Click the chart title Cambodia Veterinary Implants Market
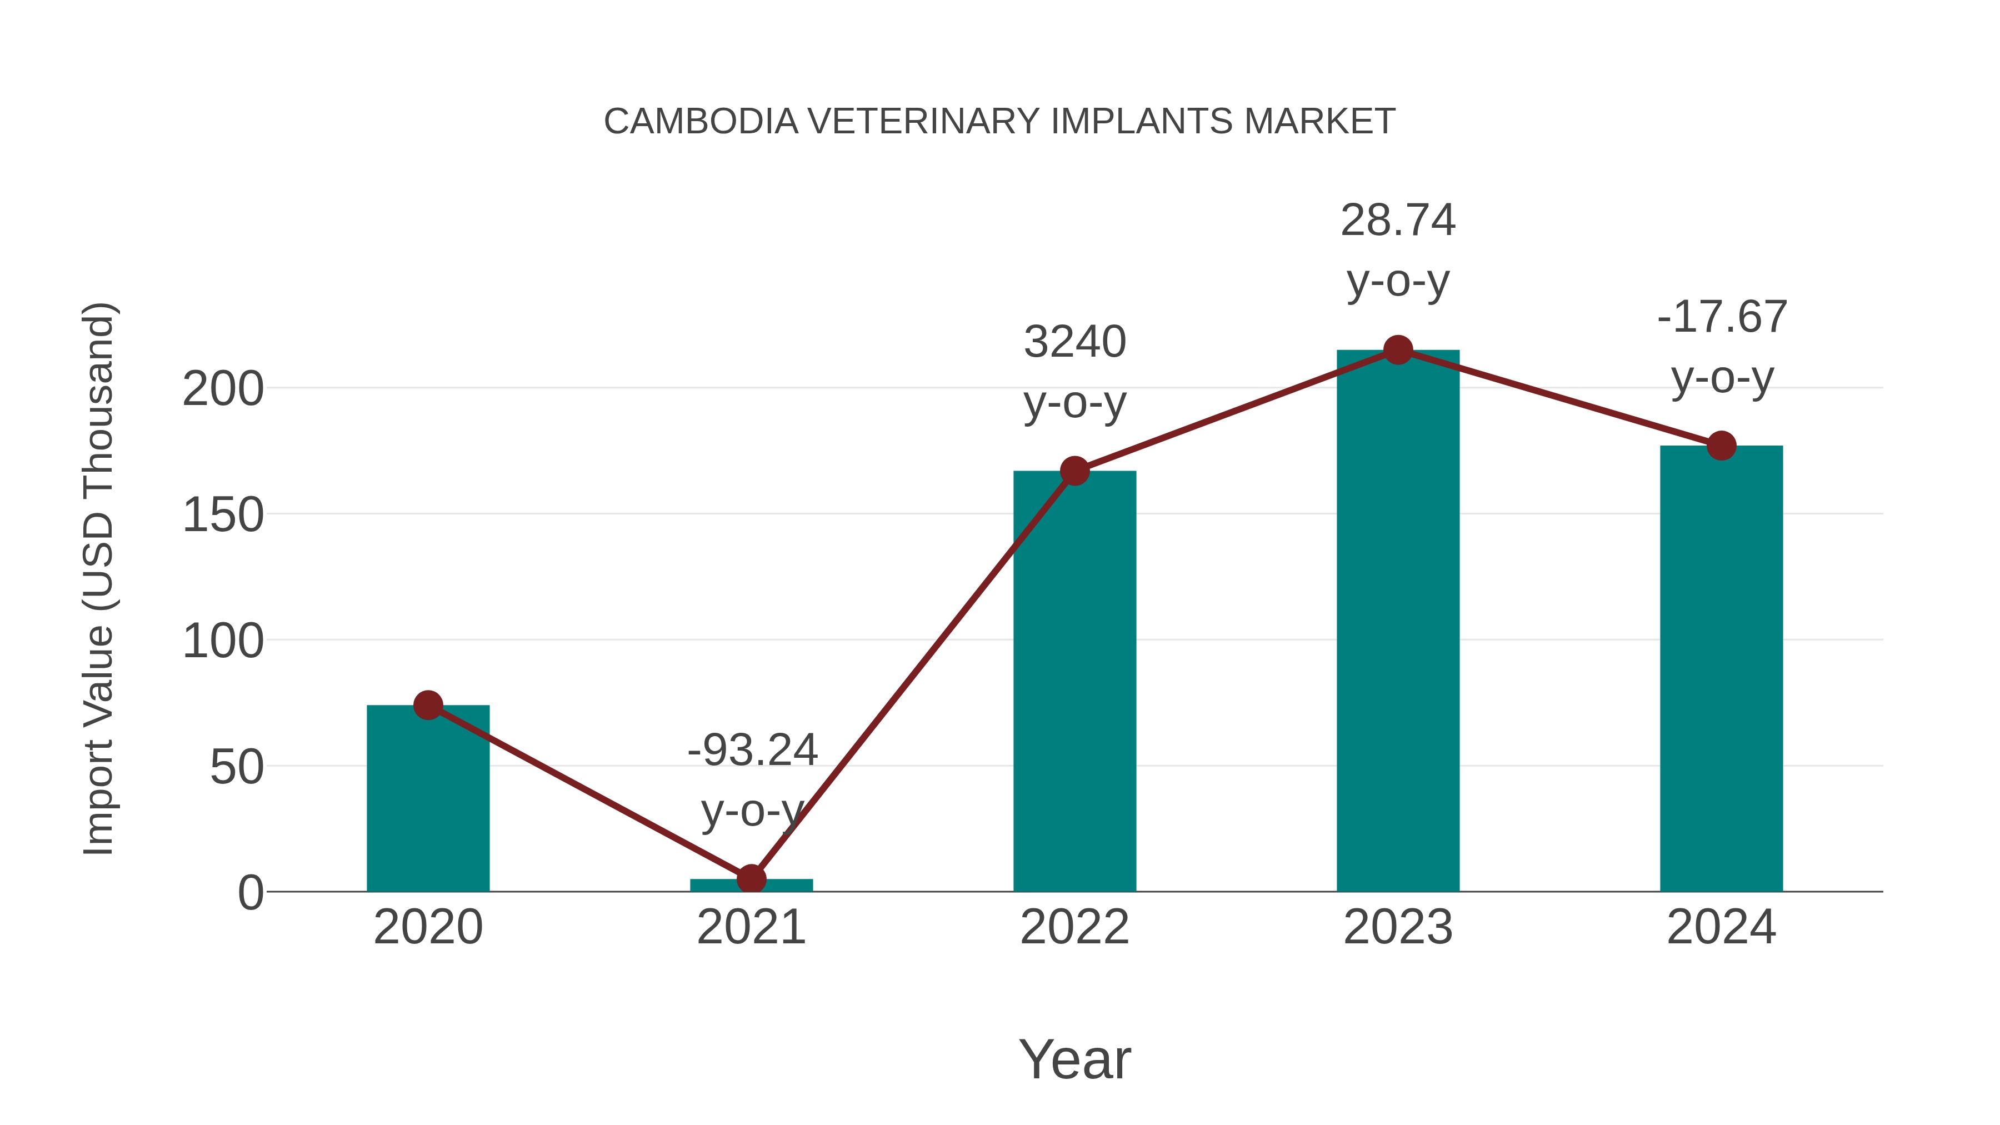(x=999, y=122)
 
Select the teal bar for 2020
(x=428, y=799)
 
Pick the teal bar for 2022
(x=1074, y=683)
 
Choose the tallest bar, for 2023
(x=1398, y=621)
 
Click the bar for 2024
(x=1721, y=668)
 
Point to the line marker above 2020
(x=428, y=705)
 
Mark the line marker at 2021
(x=752, y=879)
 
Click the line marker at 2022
(x=1074, y=471)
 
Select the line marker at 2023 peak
(x=1398, y=350)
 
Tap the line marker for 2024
(x=1721, y=446)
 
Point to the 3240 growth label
(x=1074, y=342)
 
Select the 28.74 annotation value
(x=1398, y=221)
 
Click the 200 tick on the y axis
(x=223, y=389)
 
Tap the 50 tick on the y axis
(x=237, y=768)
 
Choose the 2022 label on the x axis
(x=1074, y=927)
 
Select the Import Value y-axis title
(x=99, y=578)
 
